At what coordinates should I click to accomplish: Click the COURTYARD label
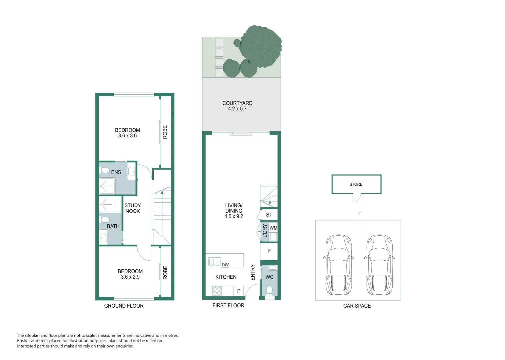pyautogui.click(x=237, y=103)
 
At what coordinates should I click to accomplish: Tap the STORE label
pyautogui.click(x=356, y=184)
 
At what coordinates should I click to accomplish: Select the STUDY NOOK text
pyautogui.click(x=132, y=208)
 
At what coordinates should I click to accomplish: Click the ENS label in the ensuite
pyautogui.click(x=116, y=172)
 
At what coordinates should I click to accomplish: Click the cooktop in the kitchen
pyautogui.click(x=217, y=291)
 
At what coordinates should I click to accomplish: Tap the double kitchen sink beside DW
pyautogui.click(x=214, y=262)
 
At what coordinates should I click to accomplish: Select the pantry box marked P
pyautogui.click(x=239, y=291)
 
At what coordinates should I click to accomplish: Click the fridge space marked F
pyautogui.click(x=269, y=251)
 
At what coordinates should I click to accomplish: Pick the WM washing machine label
pyautogui.click(x=274, y=228)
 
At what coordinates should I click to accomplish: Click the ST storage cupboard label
pyautogui.click(x=269, y=215)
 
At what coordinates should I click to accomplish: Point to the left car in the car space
pyautogui.click(x=339, y=265)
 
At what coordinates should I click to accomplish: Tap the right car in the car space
pyautogui.click(x=379, y=265)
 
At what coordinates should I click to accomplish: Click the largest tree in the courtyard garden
pyautogui.click(x=261, y=46)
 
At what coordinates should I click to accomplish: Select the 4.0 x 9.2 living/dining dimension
pyautogui.click(x=233, y=216)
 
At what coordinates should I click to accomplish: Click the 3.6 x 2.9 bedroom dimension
pyautogui.click(x=130, y=277)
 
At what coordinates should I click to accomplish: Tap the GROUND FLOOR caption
pyautogui.click(x=124, y=306)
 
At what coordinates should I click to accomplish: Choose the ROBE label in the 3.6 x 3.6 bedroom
pyautogui.click(x=165, y=132)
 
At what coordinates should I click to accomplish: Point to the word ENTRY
pyautogui.click(x=253, y=272)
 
